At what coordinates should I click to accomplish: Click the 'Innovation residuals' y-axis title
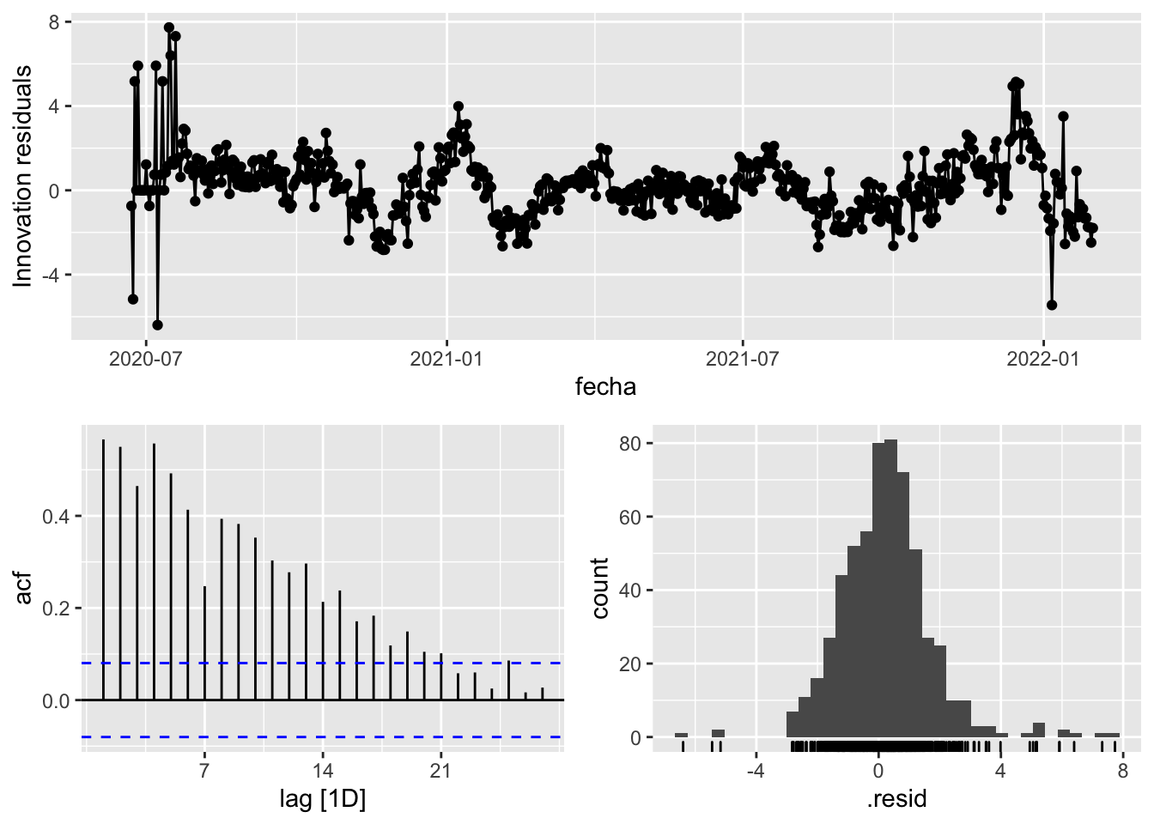pos(22,176)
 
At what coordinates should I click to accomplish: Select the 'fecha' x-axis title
pos(605,387)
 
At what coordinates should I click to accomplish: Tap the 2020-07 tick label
pos(146,359)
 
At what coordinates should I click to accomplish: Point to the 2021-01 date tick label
pos(446,359)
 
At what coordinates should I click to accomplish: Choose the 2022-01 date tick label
pos(1042,359)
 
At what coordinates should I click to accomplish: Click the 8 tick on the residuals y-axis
pos(54,23)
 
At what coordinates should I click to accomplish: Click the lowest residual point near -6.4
pos(157,324)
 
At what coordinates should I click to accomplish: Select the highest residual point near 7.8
pos(169,27)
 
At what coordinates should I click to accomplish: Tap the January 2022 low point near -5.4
pos(1052,305)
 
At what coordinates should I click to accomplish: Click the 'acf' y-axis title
pos(23,589)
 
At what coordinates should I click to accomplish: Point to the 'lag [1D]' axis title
pos(323,800)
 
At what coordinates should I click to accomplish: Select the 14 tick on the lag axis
pos(323,771)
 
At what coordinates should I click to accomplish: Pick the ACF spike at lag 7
pos(204,644)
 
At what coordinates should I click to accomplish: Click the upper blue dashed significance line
pos(343,663)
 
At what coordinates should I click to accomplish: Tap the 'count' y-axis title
pos(599,589)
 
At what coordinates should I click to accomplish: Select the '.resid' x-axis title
pos(896,800)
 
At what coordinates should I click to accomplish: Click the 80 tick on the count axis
pos(631,444)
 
